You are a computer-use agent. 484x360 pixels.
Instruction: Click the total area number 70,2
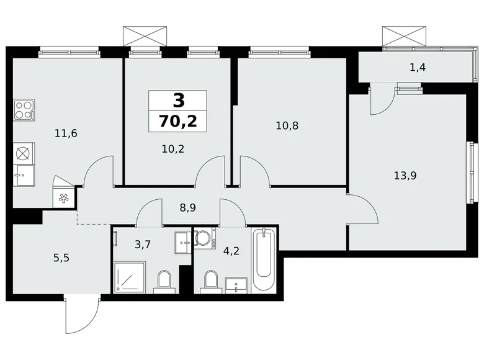(x=178, y=121)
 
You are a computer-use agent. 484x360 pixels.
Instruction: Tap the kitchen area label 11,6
(x=66, y=133)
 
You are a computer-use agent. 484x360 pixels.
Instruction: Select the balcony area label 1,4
(x=418, y=67)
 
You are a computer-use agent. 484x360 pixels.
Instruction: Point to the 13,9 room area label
(x=405, y=176)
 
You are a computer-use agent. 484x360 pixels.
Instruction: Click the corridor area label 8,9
(x=187, y=208)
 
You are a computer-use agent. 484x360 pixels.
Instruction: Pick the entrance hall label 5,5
(x=61, y=258)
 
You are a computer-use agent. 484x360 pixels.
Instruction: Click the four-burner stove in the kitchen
(x=24, y=110)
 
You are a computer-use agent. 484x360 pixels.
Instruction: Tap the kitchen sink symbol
(x=24, y=176)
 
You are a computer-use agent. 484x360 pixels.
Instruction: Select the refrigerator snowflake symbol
(x=63, y=198)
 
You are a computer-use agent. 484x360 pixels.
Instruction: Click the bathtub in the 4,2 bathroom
(x=263, y=259)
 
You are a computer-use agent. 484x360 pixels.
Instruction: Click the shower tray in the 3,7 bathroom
(x=129, y=277)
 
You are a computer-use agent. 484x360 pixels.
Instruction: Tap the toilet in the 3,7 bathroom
(x=164, y=282)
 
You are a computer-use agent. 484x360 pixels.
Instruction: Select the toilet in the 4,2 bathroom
(x=211, y=282)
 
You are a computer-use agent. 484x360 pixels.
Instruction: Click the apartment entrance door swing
(x=81, y=314)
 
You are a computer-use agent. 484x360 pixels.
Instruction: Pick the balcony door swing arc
(x=382, y=101)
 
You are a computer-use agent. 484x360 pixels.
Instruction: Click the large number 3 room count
(x=179, y=101)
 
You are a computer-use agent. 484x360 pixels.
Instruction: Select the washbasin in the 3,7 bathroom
(x=183, y=242)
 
